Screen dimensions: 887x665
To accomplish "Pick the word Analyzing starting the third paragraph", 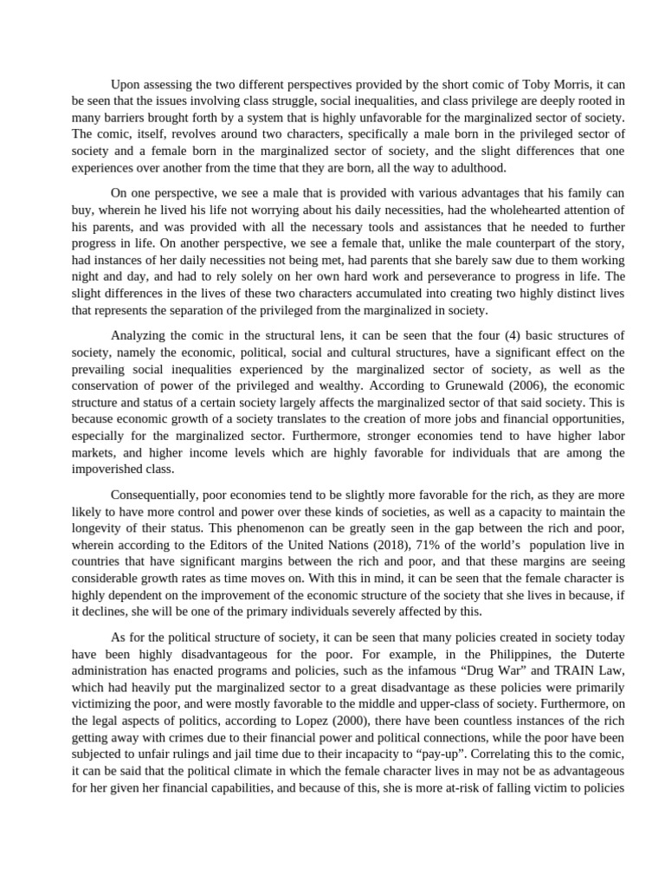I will tap(141, 334).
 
